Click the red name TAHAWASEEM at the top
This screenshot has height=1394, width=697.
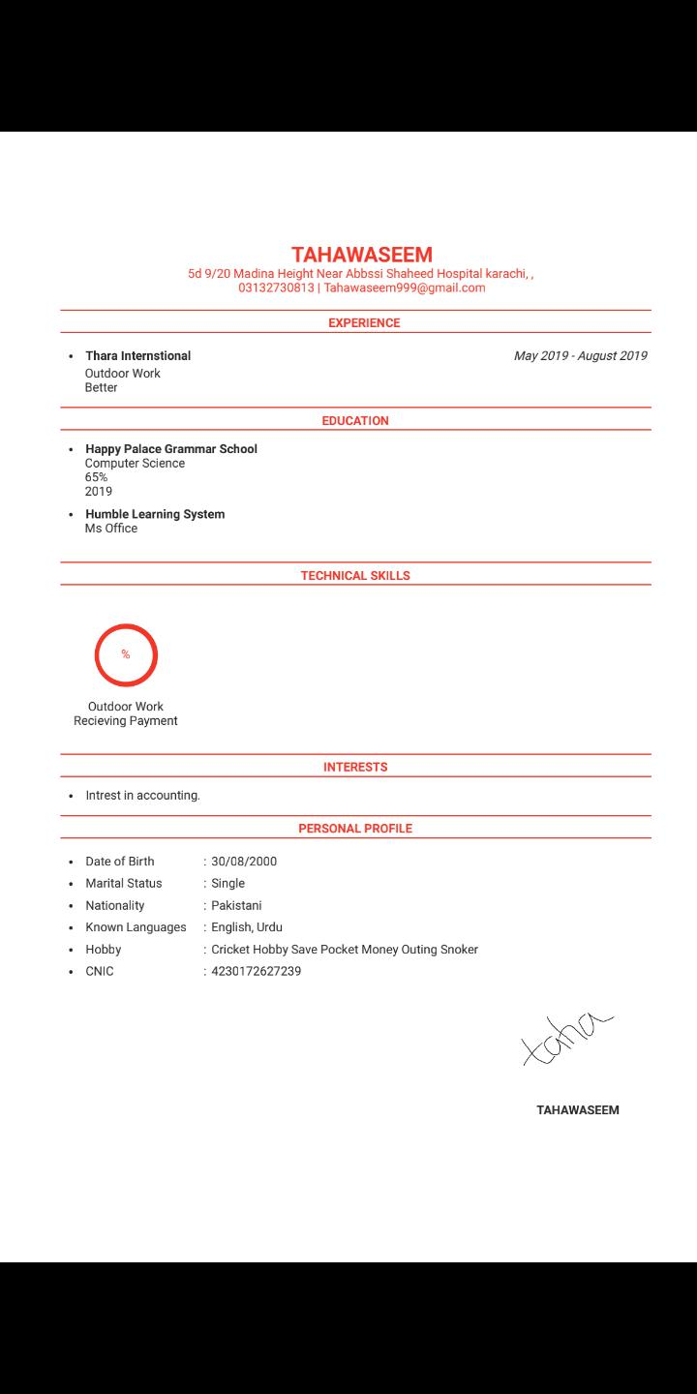[x=361, y=255]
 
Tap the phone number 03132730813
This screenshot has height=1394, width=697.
[x=276, y=288]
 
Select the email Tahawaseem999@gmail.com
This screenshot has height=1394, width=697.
[x=405, y=288]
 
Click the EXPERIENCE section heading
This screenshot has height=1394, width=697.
[x=363, y=323]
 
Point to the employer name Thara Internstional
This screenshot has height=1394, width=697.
[x=137, y=356]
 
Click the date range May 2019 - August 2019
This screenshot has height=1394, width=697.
[x=580, y=356]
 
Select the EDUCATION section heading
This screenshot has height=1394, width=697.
[x=355, y=421]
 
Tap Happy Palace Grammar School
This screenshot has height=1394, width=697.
[x=171, y=449]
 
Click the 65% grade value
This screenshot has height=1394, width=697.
[x=96, y=477]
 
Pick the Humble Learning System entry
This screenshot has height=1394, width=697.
[x=155, y=514]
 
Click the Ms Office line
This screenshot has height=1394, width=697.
[x=111, y=529]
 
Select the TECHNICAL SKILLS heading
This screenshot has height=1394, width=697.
[x=355, y=576]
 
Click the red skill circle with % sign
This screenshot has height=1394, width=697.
[x=126, y=655]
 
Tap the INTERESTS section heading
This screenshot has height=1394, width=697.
[x=355, y=768]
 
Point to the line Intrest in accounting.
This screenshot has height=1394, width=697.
[x=142, y=796]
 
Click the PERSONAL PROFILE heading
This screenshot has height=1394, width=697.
[x=355, y=829]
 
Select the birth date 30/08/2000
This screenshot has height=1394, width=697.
[x=244, y=862]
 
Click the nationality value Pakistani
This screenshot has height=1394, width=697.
[x=236, y=906]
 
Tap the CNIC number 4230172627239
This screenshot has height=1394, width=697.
[x=256, y=971]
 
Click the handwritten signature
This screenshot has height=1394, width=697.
[x=566, y=1038]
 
